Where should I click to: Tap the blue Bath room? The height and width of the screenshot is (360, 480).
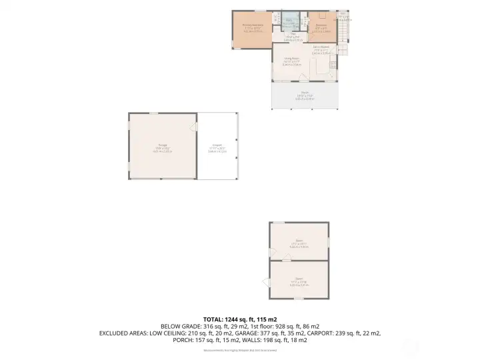(289, 21)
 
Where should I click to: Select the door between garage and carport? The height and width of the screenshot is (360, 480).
(195, 126)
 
